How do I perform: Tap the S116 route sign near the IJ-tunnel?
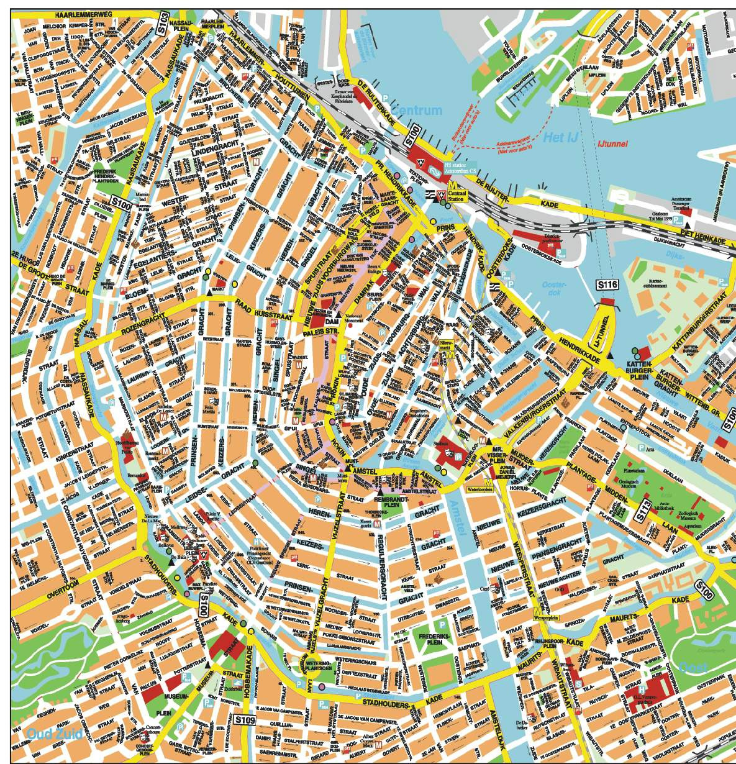(x=607, y=284)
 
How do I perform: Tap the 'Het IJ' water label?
(x=560, y=137)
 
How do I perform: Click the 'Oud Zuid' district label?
(x=55, y=734)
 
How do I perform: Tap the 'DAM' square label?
(x=330, y=322)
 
